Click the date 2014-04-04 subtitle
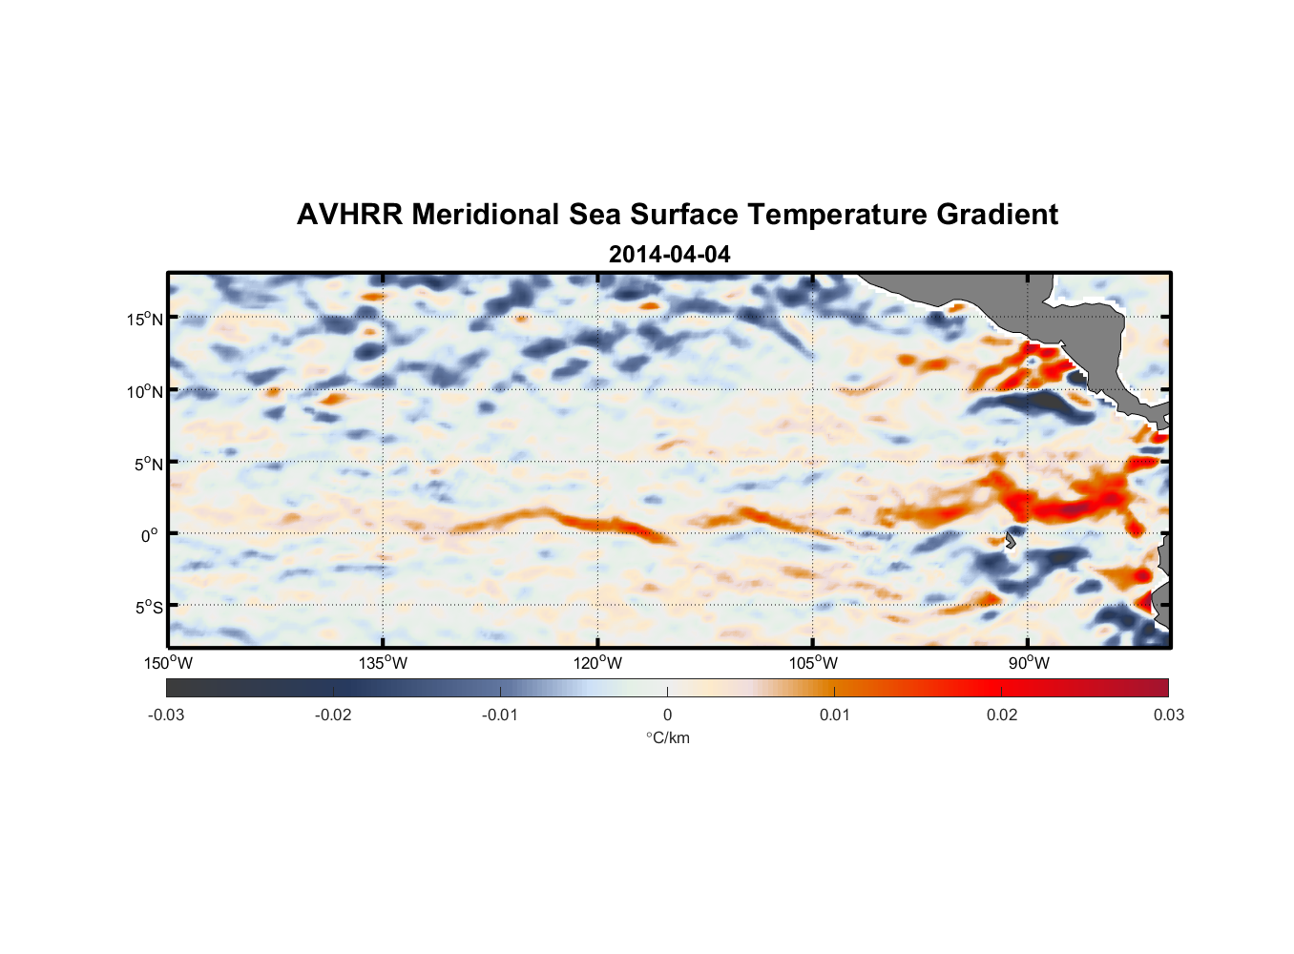669,255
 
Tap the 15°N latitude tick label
145,319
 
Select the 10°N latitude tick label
145,391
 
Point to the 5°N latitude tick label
148,464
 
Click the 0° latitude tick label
150,535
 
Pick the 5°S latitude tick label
148,607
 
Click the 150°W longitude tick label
169,663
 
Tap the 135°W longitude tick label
384,663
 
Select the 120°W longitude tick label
598,663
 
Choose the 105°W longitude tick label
813,663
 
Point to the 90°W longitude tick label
1029,663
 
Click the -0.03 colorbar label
166,715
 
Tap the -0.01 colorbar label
500,715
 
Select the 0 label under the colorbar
667,715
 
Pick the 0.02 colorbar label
1002,715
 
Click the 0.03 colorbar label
1168,715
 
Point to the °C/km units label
667,737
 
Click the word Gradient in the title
997,215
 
